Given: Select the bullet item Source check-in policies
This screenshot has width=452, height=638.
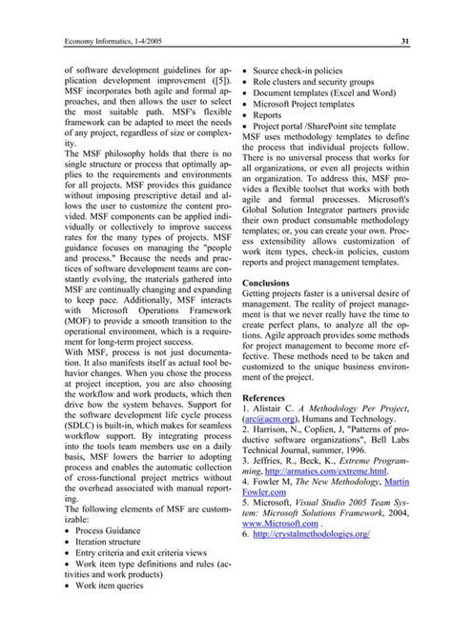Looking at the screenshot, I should (305, 70).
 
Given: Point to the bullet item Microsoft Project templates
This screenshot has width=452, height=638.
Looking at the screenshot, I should (316, 107).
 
